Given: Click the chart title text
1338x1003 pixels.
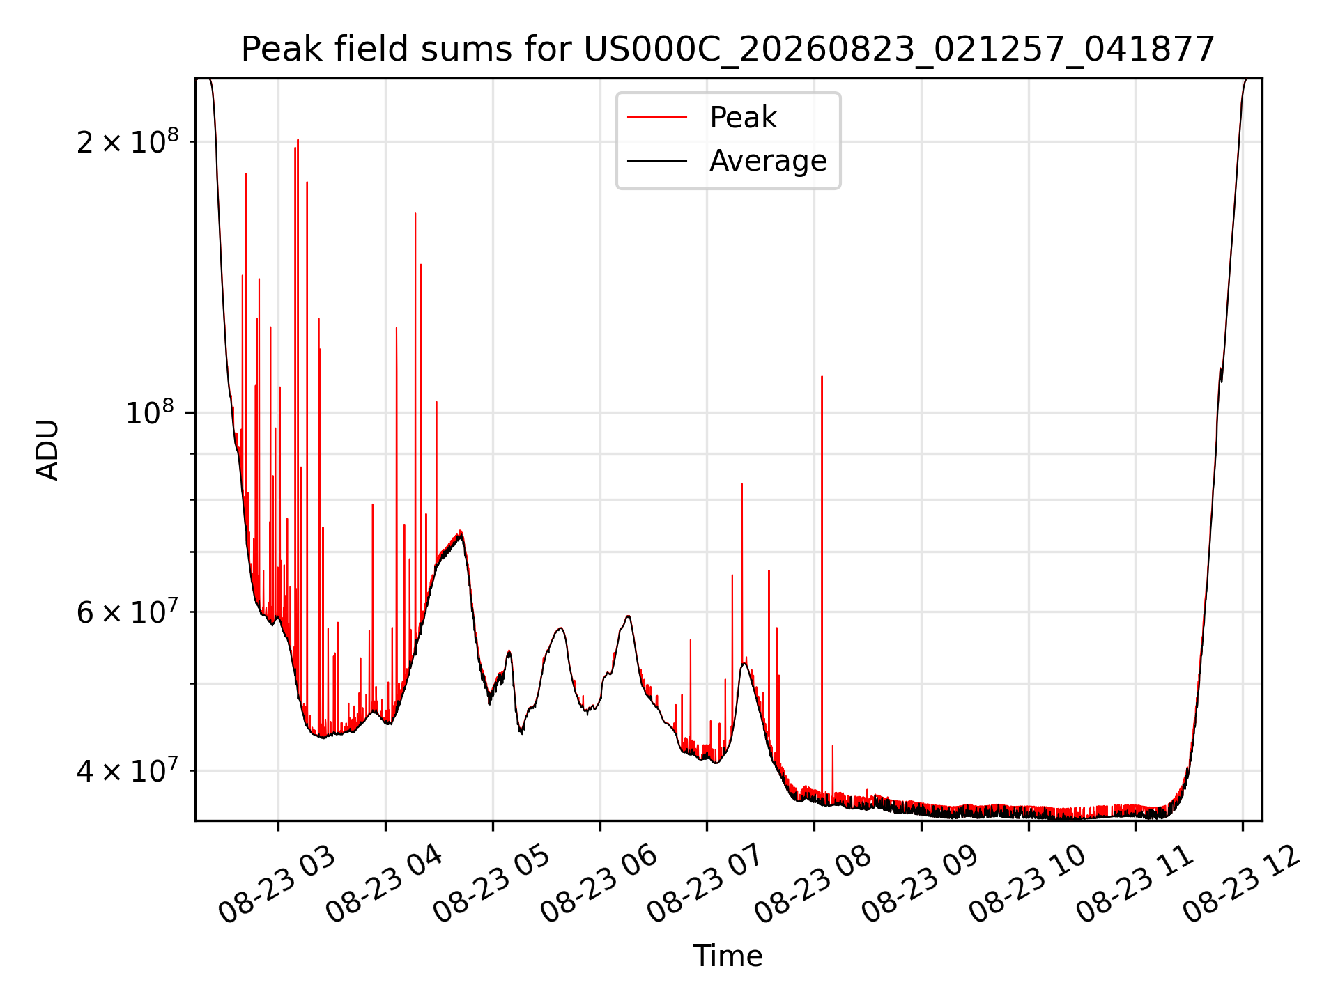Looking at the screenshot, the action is tap(728, 49).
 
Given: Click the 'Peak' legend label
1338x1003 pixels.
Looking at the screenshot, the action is tap(743, 117).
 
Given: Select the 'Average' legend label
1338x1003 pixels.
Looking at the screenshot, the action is tap(768, 161).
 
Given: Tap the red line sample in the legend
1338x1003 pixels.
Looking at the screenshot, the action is tap(657, 117).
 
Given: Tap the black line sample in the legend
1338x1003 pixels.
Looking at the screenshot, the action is tap(657, 161).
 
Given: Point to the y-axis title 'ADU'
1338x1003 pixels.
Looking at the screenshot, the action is tap(47, 450).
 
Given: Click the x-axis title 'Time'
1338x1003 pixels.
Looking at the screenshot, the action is tap(728, 956).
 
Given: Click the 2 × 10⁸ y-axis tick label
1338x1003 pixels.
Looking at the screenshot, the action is tap(128, 141).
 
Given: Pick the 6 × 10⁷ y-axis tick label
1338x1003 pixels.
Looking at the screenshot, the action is tap(128, 612).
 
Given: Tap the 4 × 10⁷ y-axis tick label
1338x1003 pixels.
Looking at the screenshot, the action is tap(128, 770).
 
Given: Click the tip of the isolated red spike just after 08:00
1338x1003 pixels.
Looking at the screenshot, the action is tap(822, 376).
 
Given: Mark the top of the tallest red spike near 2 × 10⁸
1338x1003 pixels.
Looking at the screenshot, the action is tap(298, 140).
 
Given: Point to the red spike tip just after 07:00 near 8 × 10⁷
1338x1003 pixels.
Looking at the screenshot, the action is tap(742, 483).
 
